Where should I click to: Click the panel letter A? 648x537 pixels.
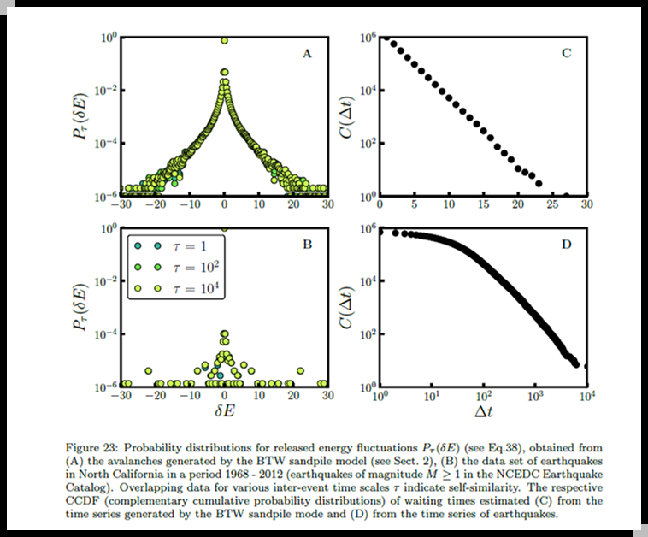coord(306,54)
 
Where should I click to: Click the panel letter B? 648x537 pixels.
coord(306,245)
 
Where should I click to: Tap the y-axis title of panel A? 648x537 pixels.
coord(85,118)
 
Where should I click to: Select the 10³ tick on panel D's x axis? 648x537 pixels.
coord(536,398)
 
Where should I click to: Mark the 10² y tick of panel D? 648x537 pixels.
coord(366,334)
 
